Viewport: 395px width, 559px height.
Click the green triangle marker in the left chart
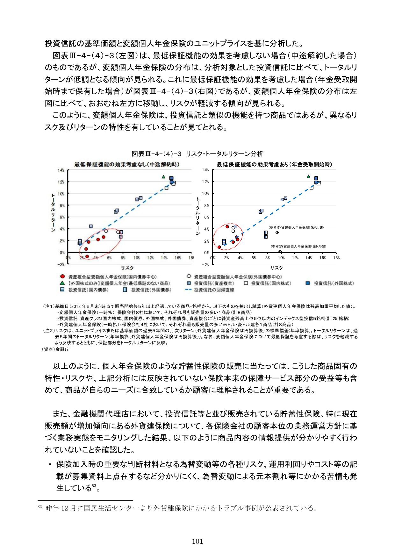(163, 177)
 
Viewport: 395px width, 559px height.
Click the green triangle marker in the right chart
(308, 176)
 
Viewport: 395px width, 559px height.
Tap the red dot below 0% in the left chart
(87, 256)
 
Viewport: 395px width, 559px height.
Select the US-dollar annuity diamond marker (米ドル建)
(277, 233)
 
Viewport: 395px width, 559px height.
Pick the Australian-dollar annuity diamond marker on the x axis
(280, 252)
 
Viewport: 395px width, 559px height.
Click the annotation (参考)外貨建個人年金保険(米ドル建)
(296, 227)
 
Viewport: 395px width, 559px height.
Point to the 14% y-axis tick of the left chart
(61, 170)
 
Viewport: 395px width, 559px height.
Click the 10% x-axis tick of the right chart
(281, 258)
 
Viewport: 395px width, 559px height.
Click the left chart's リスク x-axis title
(127, 268)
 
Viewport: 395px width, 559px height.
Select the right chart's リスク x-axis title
(276, 268)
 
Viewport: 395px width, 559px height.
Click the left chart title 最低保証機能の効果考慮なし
(127, 164)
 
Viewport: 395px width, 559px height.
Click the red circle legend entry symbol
(63, 277)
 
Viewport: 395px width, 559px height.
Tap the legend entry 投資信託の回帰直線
(214, 290)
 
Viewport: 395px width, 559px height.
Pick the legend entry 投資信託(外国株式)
(334, 283)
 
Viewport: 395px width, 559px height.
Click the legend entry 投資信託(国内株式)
(271, 283)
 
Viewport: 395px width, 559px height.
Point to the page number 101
(197, 541)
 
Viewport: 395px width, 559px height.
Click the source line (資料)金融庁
(56, 349)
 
